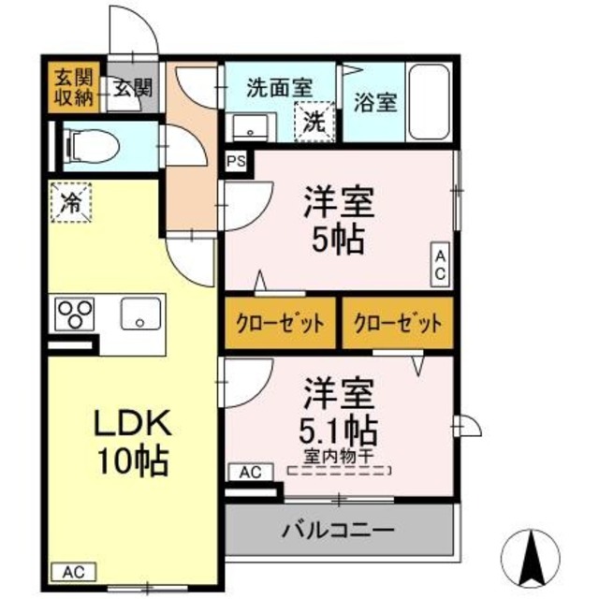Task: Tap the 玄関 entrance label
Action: tap(133, 88)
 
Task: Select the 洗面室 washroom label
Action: tap(278, 87)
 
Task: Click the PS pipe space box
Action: tap(237, 161)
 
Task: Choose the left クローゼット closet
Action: tap(280, 324)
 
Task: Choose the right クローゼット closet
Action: tap(397, 324)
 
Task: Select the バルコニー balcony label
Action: tap(338, 531)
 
